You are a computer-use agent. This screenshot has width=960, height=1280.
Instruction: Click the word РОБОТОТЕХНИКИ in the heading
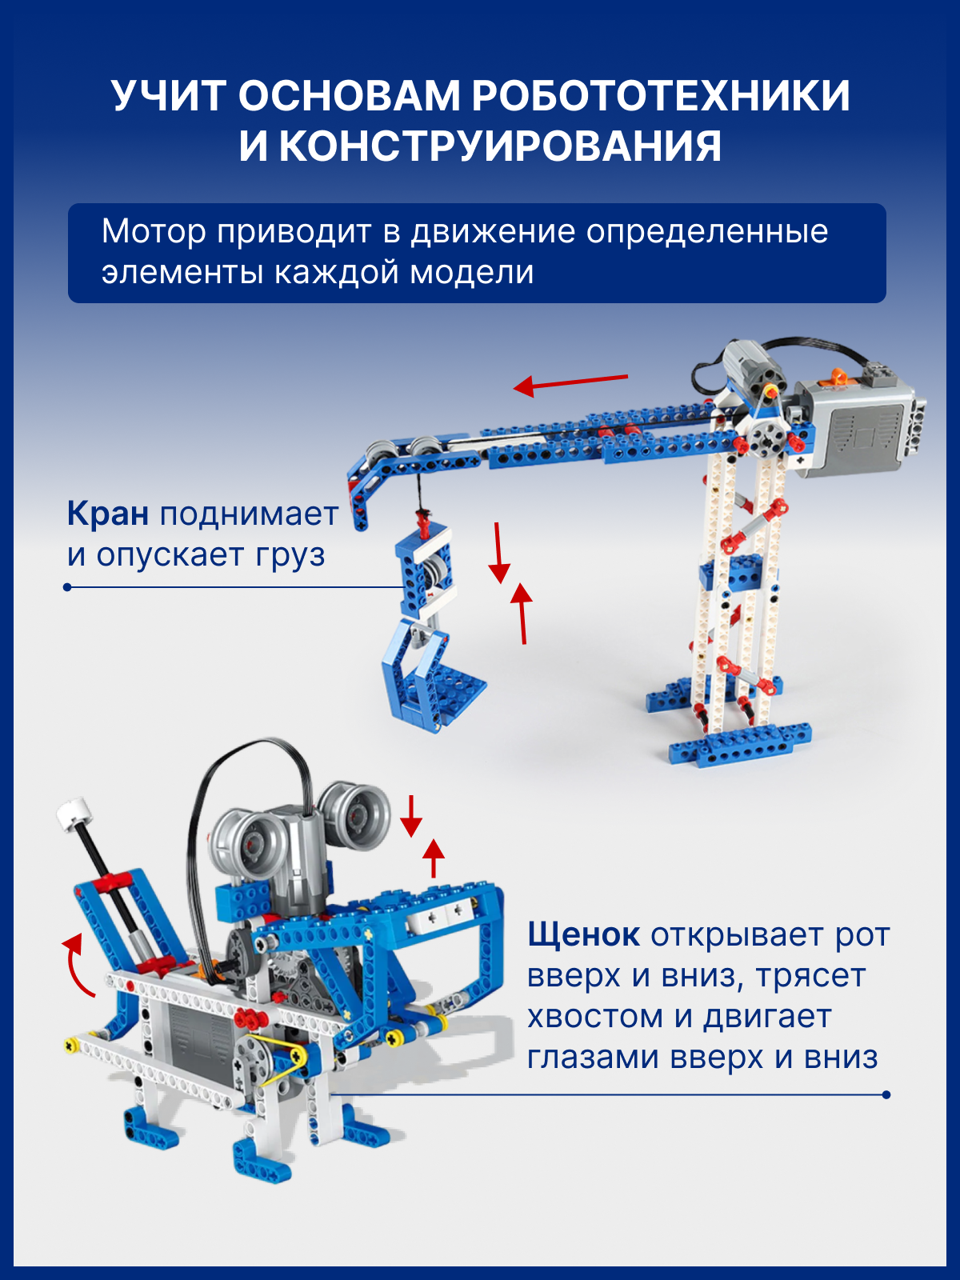[661, 96]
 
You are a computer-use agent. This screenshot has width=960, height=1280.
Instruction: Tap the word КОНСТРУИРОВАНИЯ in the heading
[499, 146]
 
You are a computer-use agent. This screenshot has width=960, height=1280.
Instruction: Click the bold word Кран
[108, 514]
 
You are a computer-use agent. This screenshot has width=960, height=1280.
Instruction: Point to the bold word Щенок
[583, 935]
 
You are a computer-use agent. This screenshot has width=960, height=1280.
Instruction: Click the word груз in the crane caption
[290, 556]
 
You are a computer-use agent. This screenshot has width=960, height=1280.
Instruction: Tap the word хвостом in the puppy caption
[595, 1017]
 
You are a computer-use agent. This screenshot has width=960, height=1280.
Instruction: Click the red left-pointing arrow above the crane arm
[570, 384]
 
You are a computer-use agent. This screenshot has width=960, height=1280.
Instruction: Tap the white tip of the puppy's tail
[72, 813]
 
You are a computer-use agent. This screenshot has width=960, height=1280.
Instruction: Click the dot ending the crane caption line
[68, 587]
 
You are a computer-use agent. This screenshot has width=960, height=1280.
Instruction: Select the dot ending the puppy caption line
[886, 1095]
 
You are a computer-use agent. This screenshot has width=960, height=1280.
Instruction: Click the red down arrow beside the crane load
[499, 553]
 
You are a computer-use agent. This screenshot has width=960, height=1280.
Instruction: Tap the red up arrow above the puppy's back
[433, 858]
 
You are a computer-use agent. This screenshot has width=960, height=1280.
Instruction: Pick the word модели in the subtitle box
[471, 272]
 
